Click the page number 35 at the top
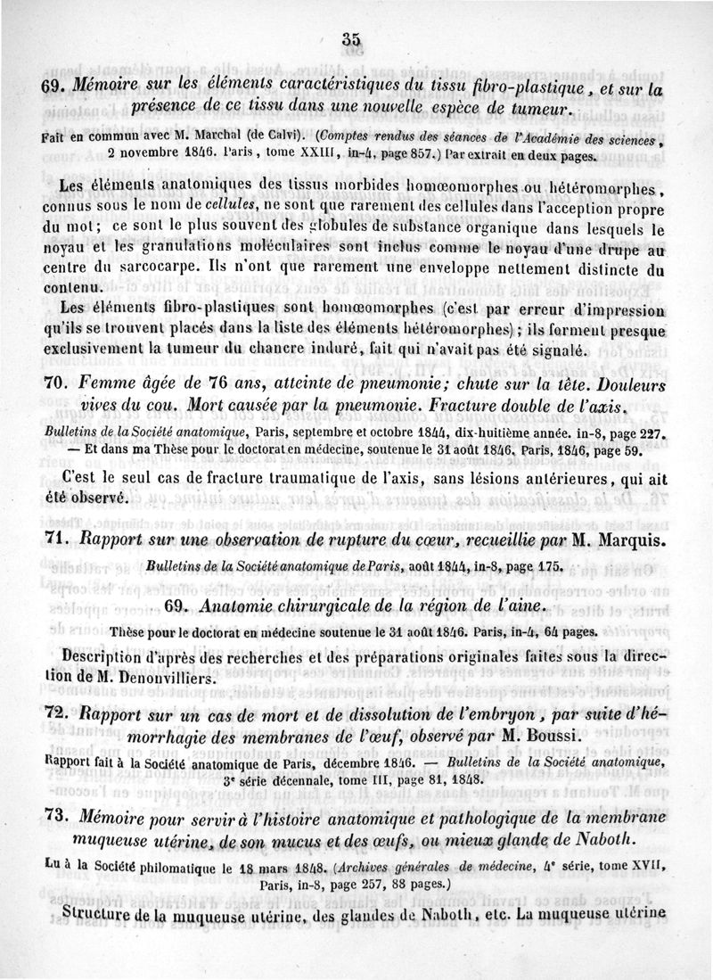pos(350,38)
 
